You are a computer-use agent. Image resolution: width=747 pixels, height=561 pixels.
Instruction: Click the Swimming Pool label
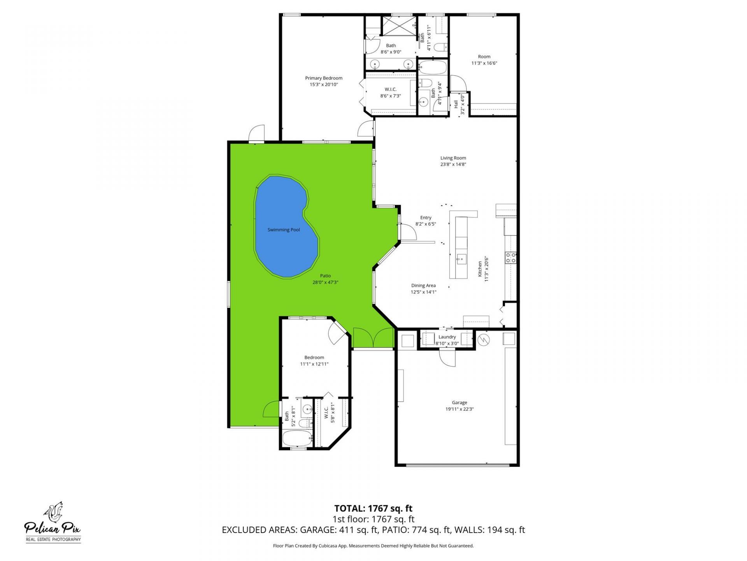[284, 230]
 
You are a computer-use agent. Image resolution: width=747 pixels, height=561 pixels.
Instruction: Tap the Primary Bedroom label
[324, 78]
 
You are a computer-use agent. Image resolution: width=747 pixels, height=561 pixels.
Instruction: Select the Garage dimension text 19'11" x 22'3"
[459, 409]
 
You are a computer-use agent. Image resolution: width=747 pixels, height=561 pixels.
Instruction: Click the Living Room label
[453, 158]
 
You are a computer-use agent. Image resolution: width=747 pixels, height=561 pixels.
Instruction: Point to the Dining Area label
[423, 286]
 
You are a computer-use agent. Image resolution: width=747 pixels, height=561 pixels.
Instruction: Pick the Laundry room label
[447, 337]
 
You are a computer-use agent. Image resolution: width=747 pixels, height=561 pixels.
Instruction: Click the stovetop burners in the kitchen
[510, 258]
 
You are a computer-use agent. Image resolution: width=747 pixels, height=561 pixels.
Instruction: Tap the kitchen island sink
[462, 258]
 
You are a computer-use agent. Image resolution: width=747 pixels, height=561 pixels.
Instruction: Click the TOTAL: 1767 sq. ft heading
[373, 508]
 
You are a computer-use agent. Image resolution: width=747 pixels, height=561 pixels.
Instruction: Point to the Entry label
[426, 218]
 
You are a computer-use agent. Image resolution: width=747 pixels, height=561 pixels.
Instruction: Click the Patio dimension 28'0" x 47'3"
[325, 282]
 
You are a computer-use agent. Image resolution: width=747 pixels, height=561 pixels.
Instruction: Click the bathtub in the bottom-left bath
[297, 439]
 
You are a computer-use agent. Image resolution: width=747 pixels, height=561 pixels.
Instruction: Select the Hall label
[456, 104]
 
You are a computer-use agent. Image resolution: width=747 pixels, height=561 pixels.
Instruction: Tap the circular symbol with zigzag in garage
[484, 340]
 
